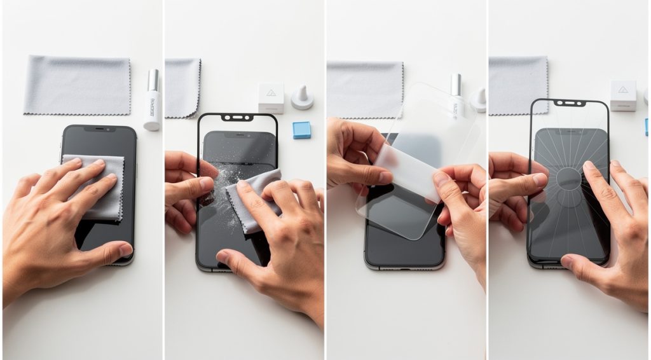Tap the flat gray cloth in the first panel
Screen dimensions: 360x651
click(x=77, y=85)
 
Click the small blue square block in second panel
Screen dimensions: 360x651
click(x=301, y=130)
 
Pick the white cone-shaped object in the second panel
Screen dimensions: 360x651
click(x=302, y=97)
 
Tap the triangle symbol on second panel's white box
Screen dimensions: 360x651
click(x=271, y=93)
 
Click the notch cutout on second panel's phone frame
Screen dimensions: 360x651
click(x=237, y=118)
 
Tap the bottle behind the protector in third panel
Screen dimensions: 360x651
click(x=455, y=95)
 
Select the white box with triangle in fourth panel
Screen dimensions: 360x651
click(x=622, y=95)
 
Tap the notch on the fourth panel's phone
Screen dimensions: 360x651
click(x=570, y=102)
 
